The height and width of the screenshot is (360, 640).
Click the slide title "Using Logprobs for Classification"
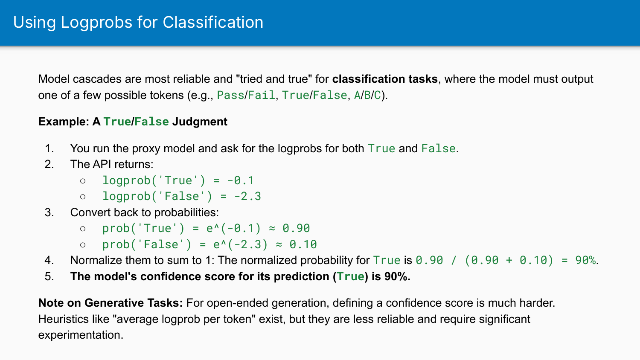click(x=138, y=22)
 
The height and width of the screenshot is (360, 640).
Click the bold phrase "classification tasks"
click(x=385, y=79)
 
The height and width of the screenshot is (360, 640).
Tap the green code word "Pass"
click(x=230, y=95)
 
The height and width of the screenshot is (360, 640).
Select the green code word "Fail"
click(x=262, y=95)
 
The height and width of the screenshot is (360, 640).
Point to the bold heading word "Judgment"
click(x=200, y=122)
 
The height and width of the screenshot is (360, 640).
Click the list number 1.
click(x=49, y=148)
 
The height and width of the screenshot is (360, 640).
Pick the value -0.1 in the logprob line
click(x=241, y=180)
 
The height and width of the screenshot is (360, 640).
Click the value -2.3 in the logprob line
click(x=247, y=196)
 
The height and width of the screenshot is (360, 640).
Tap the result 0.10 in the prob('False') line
click(x=303, y=244)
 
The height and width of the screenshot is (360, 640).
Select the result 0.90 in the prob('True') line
click(x=296, y=228)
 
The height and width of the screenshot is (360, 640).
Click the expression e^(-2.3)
click(x=241, y=244)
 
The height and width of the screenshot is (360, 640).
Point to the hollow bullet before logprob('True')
click(x=83, y=181)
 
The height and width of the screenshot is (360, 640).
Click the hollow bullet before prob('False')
click(x=83, y=245)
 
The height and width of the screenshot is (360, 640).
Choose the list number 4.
click(x=49, y=260)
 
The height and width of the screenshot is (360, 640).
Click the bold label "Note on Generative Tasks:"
click(x=111, y=303)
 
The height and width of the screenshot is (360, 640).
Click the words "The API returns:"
click(x=112, y=164)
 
